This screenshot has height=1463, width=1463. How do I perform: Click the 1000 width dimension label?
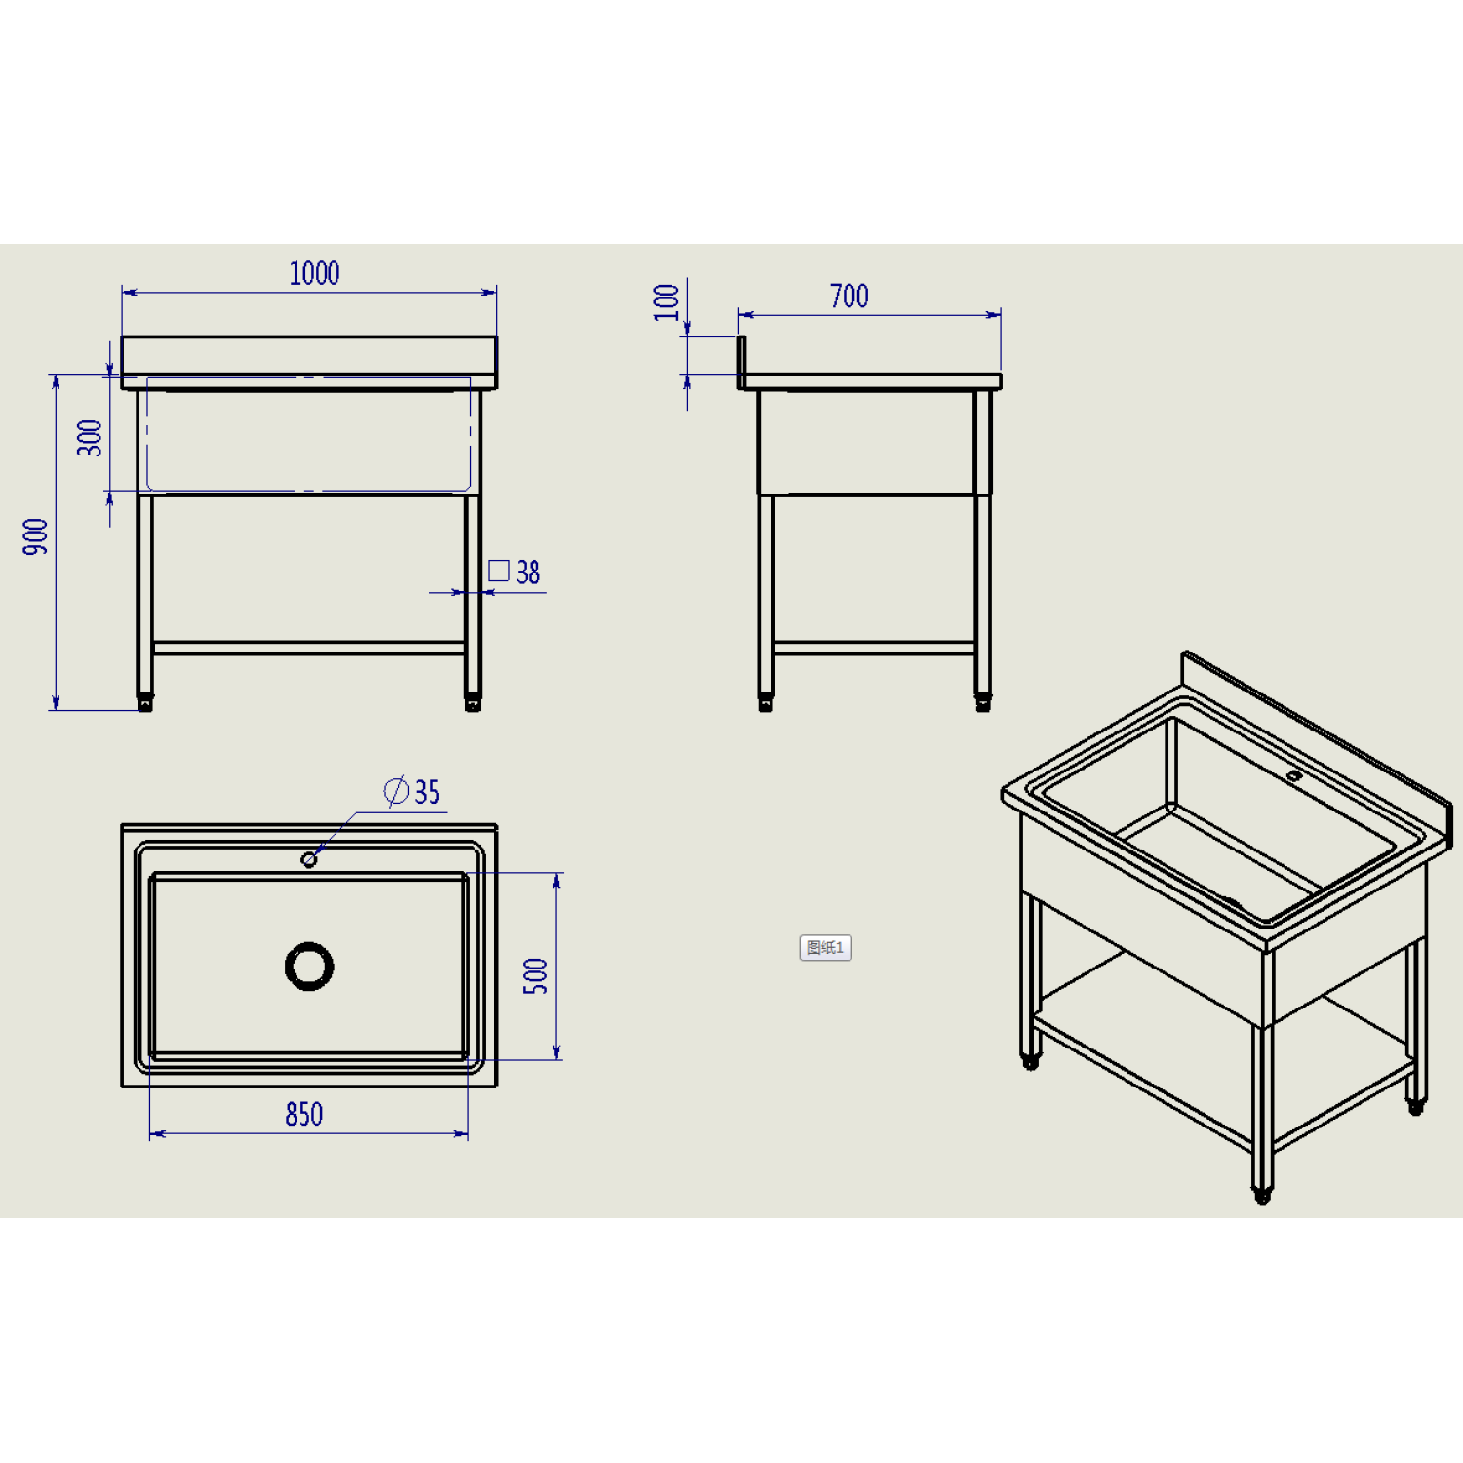pyautogui.click(x=314, y=273)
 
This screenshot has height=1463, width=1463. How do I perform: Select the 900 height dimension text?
pyautogui.click(x=36, y=537)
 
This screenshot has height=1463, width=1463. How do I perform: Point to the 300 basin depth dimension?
pyautogui.click(x=90, y=438)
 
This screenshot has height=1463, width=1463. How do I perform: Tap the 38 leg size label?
pyautogui.click(x=528, y=572)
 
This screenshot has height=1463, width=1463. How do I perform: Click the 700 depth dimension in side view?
pyautogui.click(x=850, y=297)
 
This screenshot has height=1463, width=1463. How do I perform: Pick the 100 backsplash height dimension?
pyautogui.click(x=667, y=302)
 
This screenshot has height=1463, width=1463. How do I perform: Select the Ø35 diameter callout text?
pyautogui.click(x=413, y=791)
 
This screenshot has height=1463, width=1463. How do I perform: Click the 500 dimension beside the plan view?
pyautogui.click(x=535, y=975)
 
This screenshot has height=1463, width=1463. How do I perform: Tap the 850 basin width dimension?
pyautogui.click(x=304, y=1114)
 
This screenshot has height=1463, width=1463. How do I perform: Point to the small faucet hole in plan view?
pyautogui.click(x=309, y=859)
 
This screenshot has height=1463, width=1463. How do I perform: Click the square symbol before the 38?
pyautogui.click(x=498, y=571)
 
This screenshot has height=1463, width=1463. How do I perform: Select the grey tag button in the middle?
pyautogui.click(x=825, y=947)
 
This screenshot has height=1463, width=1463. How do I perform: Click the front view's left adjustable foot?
pyautogui.click(x=145, y=702)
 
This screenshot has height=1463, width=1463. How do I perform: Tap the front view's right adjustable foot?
pyautogui.click(x=473, y=702)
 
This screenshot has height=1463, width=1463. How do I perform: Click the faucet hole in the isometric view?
pyautogui.click(x=1294, y=776)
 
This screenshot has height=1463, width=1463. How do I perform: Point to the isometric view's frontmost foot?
pyautogui.click(x=1262, y=1194)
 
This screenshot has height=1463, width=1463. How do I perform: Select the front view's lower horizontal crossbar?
pyautogui.click(x=309, y=648)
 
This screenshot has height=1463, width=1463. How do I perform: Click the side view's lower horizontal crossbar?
pyautogui.click(x=874, y=648)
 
